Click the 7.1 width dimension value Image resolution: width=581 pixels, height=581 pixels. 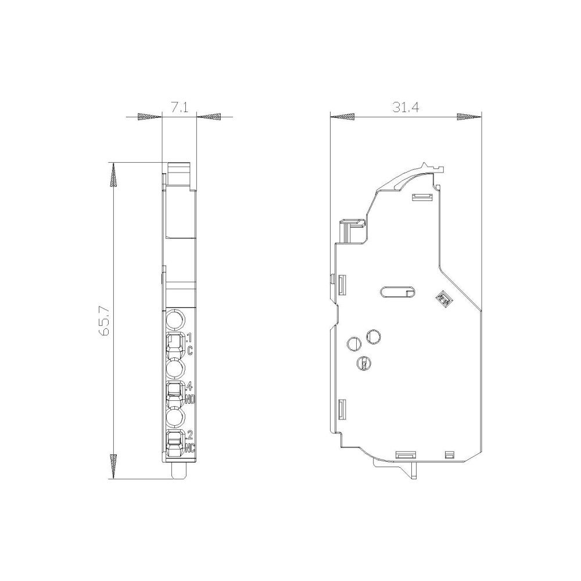[180, 108]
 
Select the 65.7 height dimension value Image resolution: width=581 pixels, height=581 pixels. [104, 321]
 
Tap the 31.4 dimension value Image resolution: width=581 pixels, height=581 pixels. [406, 107]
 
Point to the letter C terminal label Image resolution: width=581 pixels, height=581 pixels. [190, 350]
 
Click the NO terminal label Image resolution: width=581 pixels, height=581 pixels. [190, 400]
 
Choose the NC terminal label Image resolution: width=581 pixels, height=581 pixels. [190, 448]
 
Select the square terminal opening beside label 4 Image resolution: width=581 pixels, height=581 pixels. [175, 390]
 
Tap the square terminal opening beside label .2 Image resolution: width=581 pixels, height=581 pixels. [175, 439]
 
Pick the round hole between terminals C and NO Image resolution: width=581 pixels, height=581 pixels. [175, 369]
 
